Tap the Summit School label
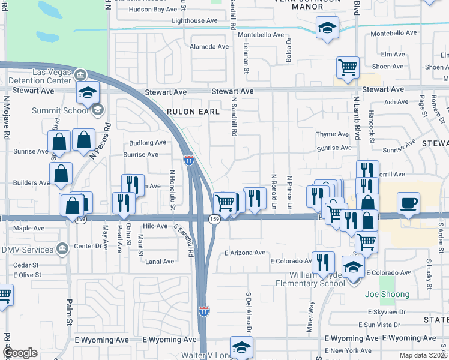(x=38, y=110)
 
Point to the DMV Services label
(x=27, y=249)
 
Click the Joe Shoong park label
(x=387, y=294)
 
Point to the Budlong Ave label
(x=148, y=143)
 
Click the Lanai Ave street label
(x=157, y=261)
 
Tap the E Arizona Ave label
(x=244, y=253)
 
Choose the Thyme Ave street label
(x=332, y=134)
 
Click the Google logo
(x=19, y=353)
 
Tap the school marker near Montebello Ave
(x=327, y=28)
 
